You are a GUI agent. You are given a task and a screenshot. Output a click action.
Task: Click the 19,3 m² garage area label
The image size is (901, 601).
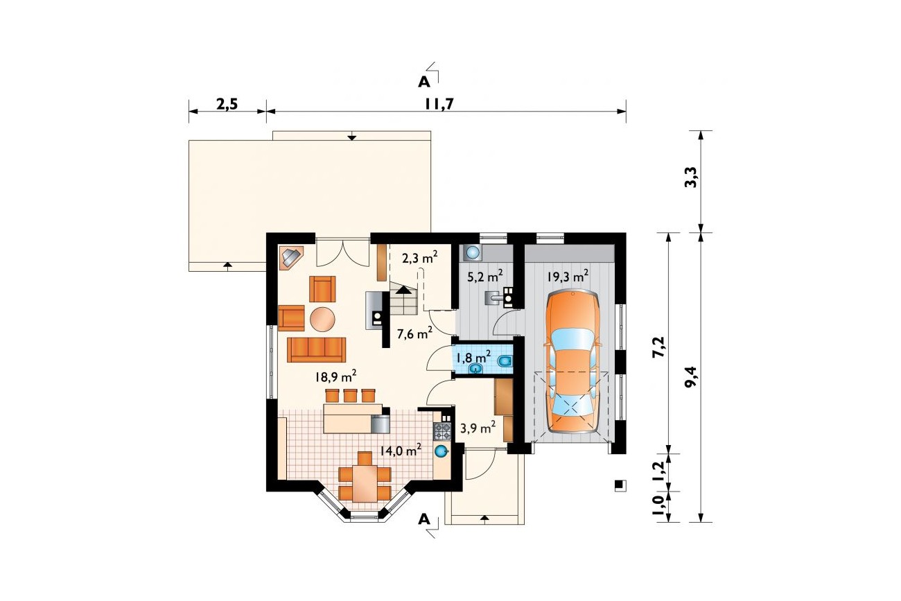[x=568, y=276]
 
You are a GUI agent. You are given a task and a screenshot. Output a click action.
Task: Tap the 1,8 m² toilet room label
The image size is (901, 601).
[x=473, y=357]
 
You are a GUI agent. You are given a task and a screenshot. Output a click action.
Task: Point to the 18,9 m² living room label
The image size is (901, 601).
[x=336, y=376]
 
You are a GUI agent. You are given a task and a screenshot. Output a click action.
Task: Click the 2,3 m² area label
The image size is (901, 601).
[x=419, y=257]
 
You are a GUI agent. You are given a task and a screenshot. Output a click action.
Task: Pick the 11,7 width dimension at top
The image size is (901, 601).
[x=439, y=104]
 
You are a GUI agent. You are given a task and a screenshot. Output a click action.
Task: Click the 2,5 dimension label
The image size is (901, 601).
[x=227, y=104]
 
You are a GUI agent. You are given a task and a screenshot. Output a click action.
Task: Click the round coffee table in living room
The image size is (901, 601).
[x=322, y=319]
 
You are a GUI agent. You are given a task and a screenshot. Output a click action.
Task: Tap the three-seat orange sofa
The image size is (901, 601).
[x=317, y=349]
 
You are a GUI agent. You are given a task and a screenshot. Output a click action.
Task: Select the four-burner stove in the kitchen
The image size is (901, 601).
[x=441, y=431]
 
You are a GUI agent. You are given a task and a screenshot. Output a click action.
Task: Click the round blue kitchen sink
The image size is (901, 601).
[x=441, y=451]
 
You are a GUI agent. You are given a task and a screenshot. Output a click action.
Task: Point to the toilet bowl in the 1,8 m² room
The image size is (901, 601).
[x=505, y=361]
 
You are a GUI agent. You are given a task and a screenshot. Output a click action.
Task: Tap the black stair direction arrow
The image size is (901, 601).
[x=403, y=290]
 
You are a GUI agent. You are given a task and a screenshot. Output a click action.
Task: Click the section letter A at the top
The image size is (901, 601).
[x=423, y=82]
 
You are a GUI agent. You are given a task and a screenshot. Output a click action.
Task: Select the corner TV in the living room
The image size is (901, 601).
[x=292, y=257]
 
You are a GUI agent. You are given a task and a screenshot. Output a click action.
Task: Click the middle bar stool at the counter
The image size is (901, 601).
[x=350, y=396]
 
